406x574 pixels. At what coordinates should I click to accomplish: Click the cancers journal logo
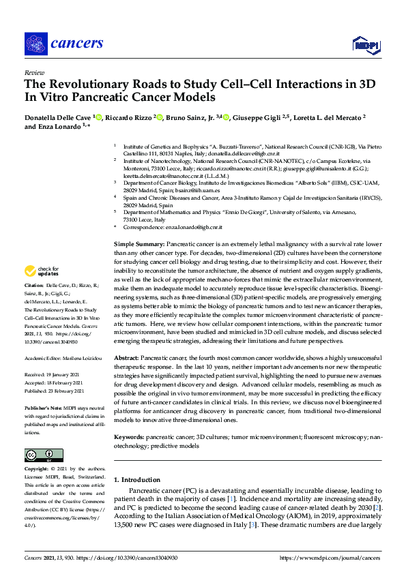[x=64, y=44]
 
